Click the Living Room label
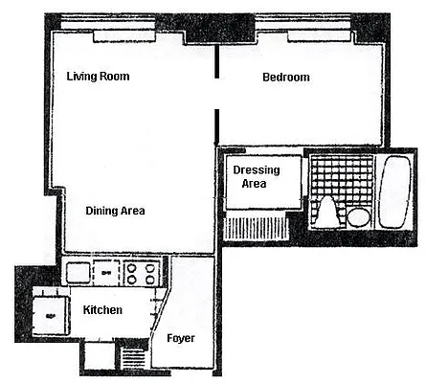[x=98, y=77]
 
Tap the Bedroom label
[x=285, y=78]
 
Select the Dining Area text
[x=115, y=211]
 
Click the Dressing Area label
[x=256, y=176]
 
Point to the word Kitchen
[x=102, y=310]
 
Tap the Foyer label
[x=181, y=338]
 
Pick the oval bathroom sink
[x=357, y=216]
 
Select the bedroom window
[x=316, y=36]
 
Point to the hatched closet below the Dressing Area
[x=257, y=229]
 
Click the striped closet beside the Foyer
[x=134, y=358]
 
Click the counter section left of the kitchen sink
[x=78, y=274]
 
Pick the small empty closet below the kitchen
[x=97, y=356]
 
